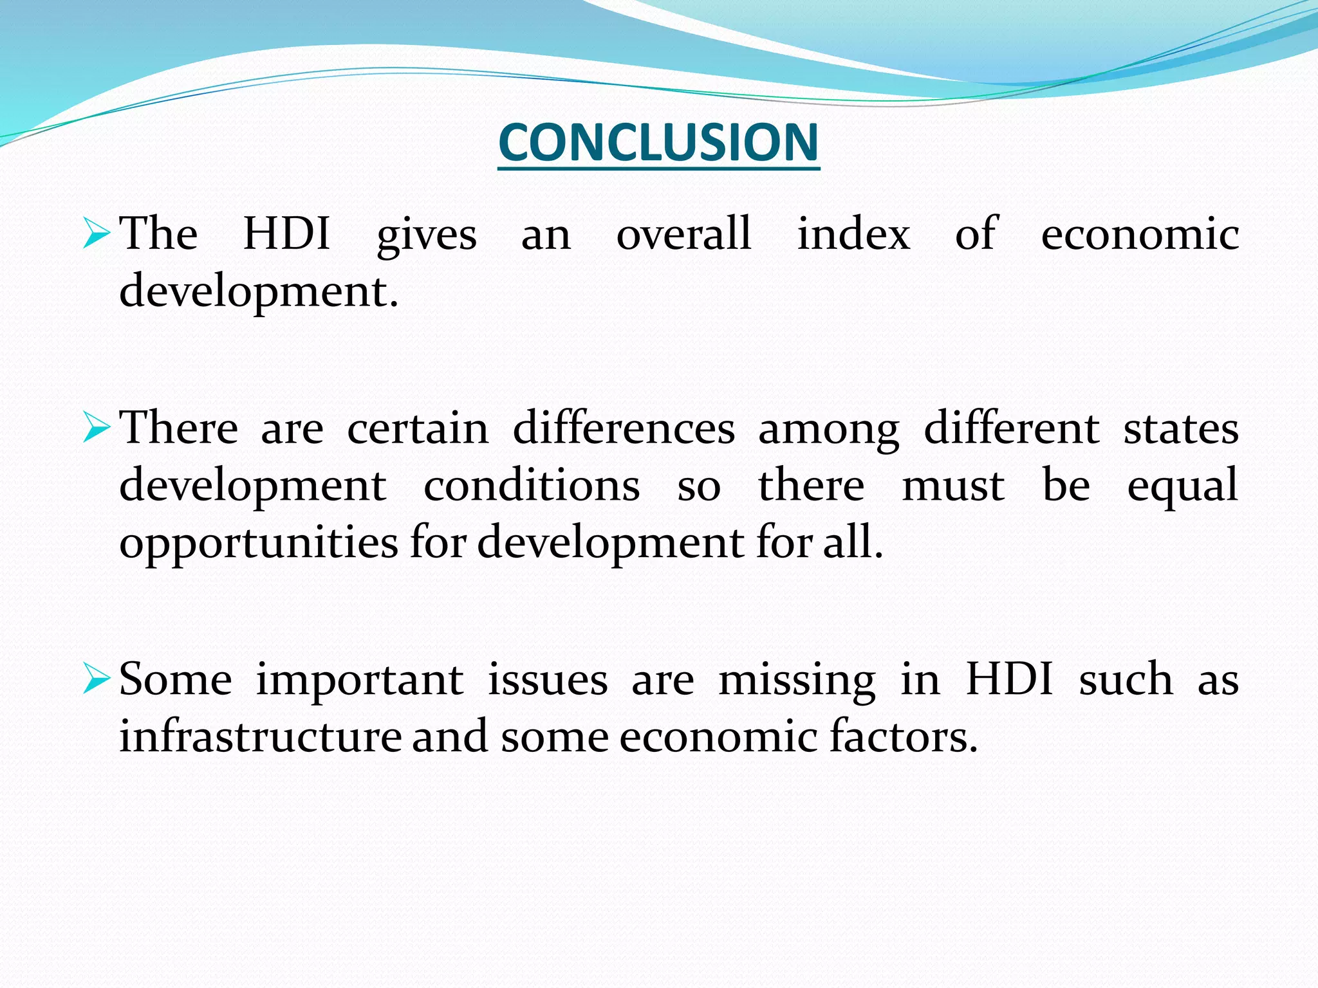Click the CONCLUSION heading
point(658,142)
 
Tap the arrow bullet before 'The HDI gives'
point(97,233)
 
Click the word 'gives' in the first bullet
point(426,235)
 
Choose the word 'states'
point(1181,430)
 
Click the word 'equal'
point(1183,488)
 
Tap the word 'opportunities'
point(259,544)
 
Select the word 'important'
point(359,681)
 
